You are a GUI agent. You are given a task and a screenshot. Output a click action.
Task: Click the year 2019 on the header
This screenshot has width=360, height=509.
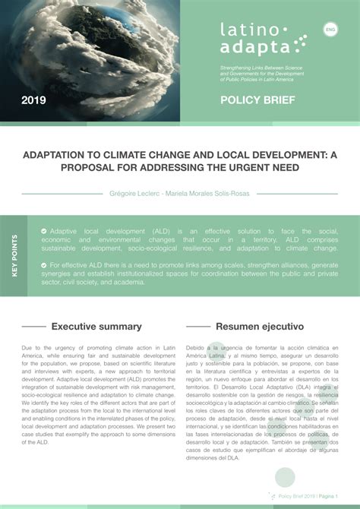coord(33,100)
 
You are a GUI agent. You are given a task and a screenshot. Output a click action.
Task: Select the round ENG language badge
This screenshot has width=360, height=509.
coord(330,30)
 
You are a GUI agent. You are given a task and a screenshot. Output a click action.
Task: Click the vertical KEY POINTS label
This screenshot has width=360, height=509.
coord(14,254)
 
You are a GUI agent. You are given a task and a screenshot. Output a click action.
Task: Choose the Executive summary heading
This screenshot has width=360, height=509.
coord(96,327)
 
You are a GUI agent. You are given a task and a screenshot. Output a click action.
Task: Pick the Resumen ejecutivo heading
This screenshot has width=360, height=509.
coord(260,327)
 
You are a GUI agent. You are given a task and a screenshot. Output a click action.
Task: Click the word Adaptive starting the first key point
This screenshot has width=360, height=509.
coord(65,230)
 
